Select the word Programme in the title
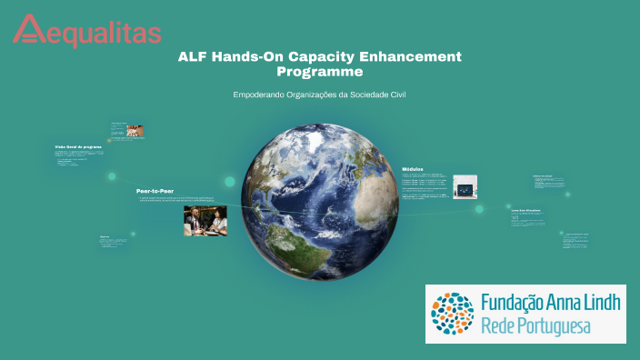[x=320, y=72]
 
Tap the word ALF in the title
[x=195, y=56]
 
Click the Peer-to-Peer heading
[x=154, y=191]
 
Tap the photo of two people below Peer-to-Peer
[x=205, y=221]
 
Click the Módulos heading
[x=414, y=169]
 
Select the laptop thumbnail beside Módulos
[x=466, y=187]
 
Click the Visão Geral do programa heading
[x=78, y=146]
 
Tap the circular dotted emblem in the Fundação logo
[x=452, y=314]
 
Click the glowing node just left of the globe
[x=230, y=182]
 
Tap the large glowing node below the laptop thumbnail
[x=479, y=209]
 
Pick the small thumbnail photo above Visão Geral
[x=134, y=131]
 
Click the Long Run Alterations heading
[x=525, y=210]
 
